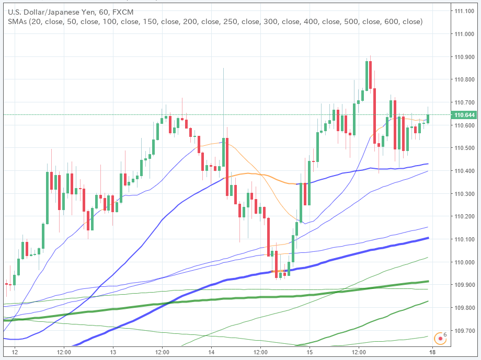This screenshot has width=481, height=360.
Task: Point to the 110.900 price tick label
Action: (x=465, y=57)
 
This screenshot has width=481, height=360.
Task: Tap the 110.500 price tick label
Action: (x=465, y=148)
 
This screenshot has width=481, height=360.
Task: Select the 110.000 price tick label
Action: (x=465, y=262)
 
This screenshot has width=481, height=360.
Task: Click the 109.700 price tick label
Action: (x=465, y=331)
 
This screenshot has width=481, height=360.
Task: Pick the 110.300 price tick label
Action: (x=465, y=194)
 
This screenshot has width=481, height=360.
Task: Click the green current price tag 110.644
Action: (x=465, y=115)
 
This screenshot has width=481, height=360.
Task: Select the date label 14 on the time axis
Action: (x=211, y=352)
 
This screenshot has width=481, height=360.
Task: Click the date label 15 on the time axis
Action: (x=309, y=352)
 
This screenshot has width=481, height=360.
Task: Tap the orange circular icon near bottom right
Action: (x=441, y=338)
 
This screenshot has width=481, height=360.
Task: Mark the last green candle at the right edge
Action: (x=428, y=119)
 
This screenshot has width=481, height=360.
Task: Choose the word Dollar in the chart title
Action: (x=32, y=11)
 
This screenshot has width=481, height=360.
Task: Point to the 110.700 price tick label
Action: (x=465, y=102)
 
